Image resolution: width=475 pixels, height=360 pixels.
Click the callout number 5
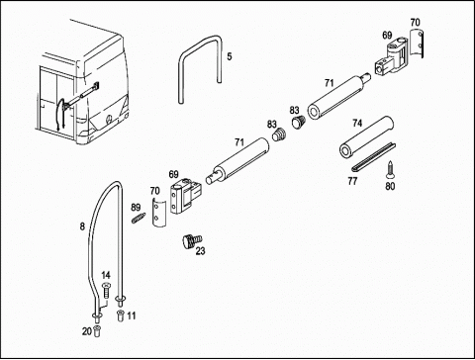230,56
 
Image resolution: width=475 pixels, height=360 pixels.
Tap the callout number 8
82,226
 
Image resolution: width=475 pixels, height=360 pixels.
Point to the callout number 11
132,315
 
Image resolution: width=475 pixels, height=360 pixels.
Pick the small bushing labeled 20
97,330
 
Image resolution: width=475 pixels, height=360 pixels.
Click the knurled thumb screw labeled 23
192,241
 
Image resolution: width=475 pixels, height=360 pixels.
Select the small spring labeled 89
139,218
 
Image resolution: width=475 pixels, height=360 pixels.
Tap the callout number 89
136,208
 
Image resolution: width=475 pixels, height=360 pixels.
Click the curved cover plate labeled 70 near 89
158,213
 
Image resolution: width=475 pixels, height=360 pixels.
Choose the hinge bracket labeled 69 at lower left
185,196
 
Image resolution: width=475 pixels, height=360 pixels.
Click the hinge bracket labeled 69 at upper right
392,57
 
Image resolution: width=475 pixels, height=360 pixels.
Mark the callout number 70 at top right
415,23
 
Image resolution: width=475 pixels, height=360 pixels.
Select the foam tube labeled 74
366,136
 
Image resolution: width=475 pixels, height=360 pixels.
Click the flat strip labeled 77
373,157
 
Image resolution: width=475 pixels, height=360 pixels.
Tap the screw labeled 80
390,169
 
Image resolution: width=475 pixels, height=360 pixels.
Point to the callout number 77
352,181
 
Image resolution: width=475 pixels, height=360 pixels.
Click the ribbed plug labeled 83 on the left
280,135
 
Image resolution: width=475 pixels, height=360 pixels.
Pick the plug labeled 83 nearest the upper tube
299,122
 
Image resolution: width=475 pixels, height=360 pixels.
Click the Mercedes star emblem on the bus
109,120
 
